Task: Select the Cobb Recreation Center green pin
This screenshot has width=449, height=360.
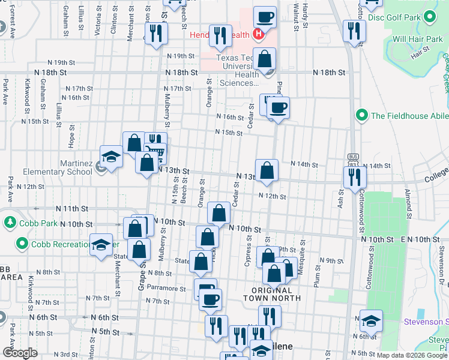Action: point(22,244)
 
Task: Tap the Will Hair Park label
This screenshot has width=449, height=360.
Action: point(417,40)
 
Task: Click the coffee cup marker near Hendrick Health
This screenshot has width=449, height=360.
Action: point(265,18)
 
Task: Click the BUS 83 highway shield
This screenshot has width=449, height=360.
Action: point(353,158)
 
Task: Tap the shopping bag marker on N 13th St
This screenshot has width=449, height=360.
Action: point(266,172)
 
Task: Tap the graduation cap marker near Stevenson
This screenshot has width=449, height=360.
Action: point(371,322)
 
